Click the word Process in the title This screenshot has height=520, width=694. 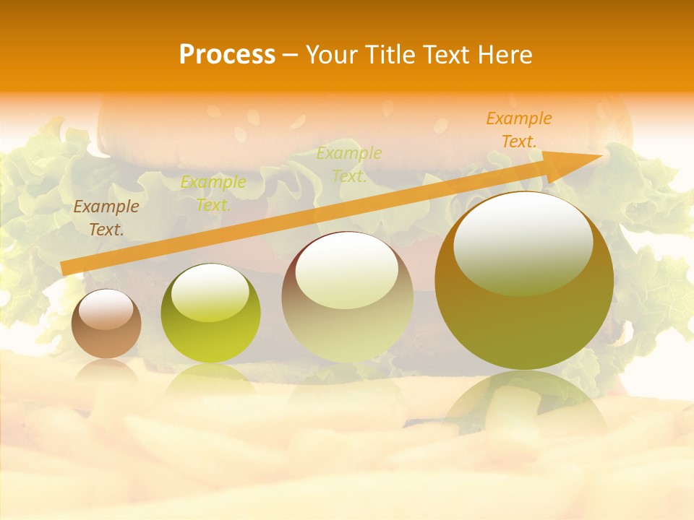point(227,55)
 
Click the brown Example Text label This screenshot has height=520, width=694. point(106,218)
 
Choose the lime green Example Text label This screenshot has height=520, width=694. point(213,194)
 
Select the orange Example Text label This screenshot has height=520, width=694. point(518,130)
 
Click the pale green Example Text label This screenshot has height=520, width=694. point(349,165)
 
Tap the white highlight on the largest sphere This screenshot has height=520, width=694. point(523,242)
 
